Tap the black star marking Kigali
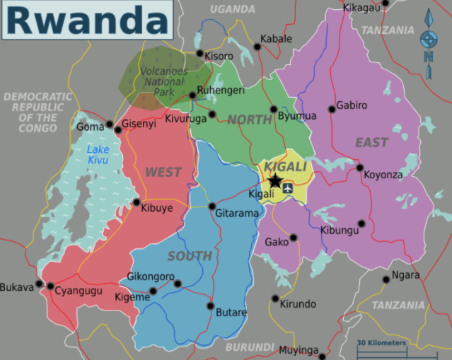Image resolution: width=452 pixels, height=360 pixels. click(x=274, y=181)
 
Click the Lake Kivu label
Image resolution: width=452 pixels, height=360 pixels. click(x=98, y=155)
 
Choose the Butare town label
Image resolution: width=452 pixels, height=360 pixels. click(x=231, y=313)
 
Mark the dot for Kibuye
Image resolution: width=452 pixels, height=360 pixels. click(x=137, y=202)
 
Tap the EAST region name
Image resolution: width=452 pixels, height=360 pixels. click(x=371, y=143)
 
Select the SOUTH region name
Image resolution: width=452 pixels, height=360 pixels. click(x=190, y=256)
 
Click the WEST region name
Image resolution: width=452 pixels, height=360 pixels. click(x=163, y=172)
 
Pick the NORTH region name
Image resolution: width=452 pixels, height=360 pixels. click(x=249, y=120)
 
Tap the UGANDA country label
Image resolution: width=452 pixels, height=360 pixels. click(x=232, y=9)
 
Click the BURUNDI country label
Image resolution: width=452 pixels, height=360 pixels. click(x=249, y=347)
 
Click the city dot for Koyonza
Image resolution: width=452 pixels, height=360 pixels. click(x=360, y=168)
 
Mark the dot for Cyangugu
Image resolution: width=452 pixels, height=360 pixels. click(x=50, y=286)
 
